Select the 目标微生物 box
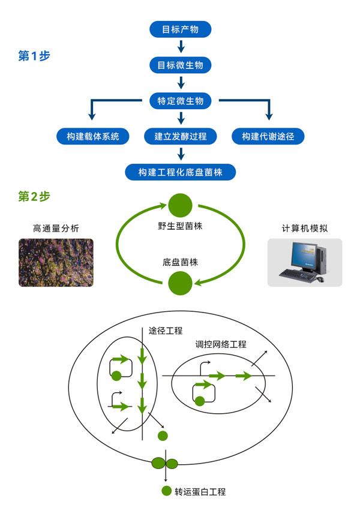(x=180, y=65)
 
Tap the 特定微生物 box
(x=180, y=101)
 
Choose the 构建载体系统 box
(x=92, y=136)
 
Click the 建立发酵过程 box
(x=180, y=136)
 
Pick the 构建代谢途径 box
(x=268, y=136)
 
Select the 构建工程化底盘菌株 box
(x=180, y=172)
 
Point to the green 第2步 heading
(x=34, y=196)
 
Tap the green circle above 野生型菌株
(x=180, y=205)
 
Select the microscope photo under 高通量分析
(x=56, y=262)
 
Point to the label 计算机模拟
(x=304, y=229)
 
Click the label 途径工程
(x=166, y=330)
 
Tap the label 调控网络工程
(x=221, y=345)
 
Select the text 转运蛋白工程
(x=200, y=492)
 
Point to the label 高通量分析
(x=56, y=229)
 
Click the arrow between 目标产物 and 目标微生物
(x=180, y=47)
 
